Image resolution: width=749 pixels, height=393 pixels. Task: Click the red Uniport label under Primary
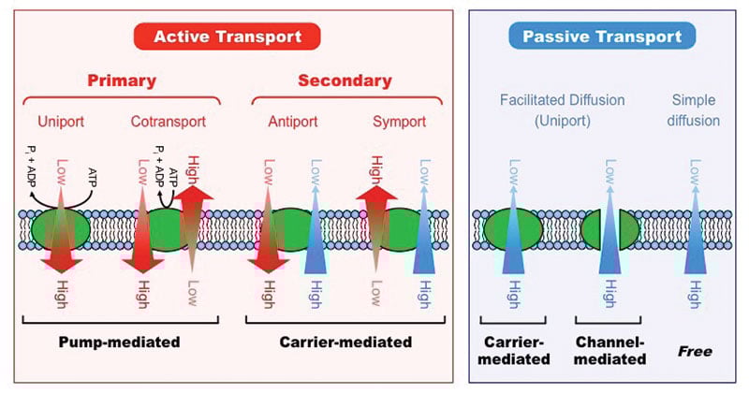click(62, 122)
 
